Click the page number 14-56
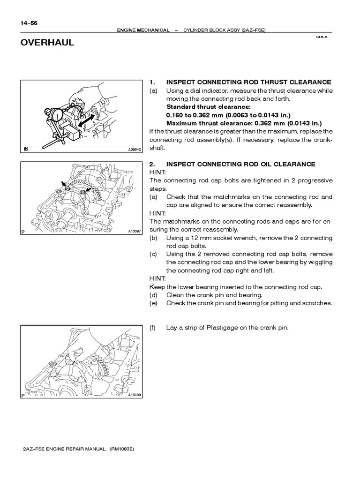pos(29,22)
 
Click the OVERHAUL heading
pos(47,43)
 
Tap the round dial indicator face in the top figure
pos(58,116)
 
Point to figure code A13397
pos(135,231)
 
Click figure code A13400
pos(135,395)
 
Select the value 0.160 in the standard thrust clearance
pos(175,115)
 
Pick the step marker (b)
pos(153,238)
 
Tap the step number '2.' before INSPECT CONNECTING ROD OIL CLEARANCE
pos(152,164)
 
